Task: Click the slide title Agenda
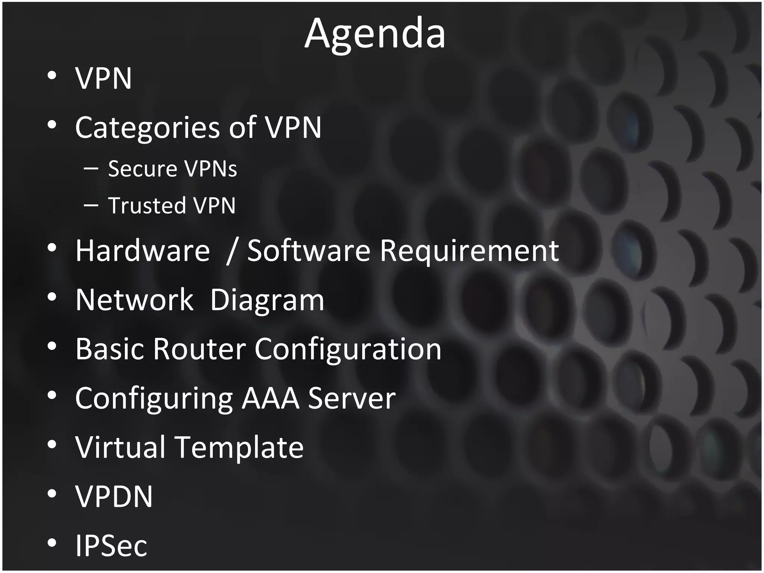(x=375, y=34)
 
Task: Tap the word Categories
(x=147, y=128)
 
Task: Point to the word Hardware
(x=143, y=251)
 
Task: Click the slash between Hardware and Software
(x=231, y=251)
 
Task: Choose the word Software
(x=309, y=251)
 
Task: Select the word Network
(x=134, y=300)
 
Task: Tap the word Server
(x=351, y=398)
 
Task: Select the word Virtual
(x=120, y=447)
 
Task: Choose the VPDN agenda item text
(x=114, y=496)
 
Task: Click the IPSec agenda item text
(x=111, y=545)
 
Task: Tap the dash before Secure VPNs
(x=91, y=169)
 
